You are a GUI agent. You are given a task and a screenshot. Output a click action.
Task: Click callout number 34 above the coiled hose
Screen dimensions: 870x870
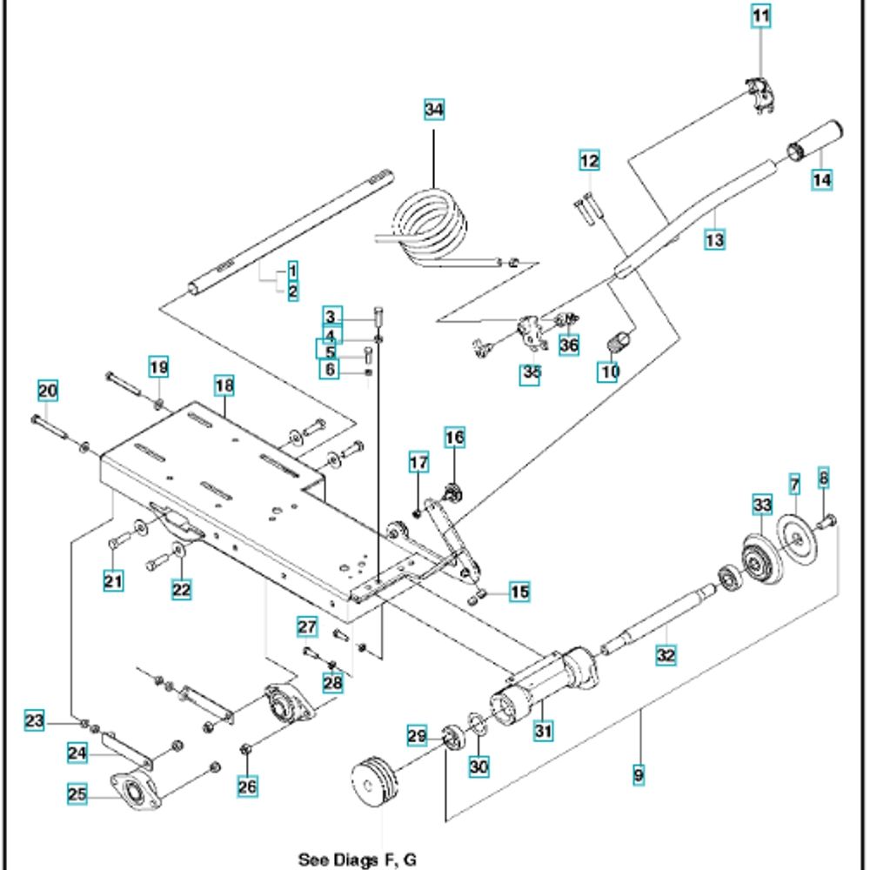pos(433,110)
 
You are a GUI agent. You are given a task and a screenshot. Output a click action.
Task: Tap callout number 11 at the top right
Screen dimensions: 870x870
pos(761,16)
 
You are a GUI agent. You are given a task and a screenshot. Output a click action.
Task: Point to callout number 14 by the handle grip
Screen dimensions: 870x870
pos(822,180)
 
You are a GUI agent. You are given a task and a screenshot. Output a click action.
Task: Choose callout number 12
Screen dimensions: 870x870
pos(589,161)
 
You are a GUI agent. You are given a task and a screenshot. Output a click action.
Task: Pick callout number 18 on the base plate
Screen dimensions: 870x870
pos(224,385)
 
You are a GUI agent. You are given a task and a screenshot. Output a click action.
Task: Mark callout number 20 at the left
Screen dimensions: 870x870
pos(47,391)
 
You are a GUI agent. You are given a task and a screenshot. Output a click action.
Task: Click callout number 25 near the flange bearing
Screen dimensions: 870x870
pos(78,793)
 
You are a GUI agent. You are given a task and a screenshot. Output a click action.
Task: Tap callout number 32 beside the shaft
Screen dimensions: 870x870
pos(666,656)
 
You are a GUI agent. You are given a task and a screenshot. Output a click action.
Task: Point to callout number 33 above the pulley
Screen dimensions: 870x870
pos(762,505)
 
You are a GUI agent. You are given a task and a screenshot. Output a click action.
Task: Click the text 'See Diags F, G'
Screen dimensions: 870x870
pos(357,860)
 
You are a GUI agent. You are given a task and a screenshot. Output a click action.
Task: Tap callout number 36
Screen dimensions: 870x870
pos(569,345)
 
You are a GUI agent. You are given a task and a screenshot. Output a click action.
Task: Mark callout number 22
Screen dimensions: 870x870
pos(180,589)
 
